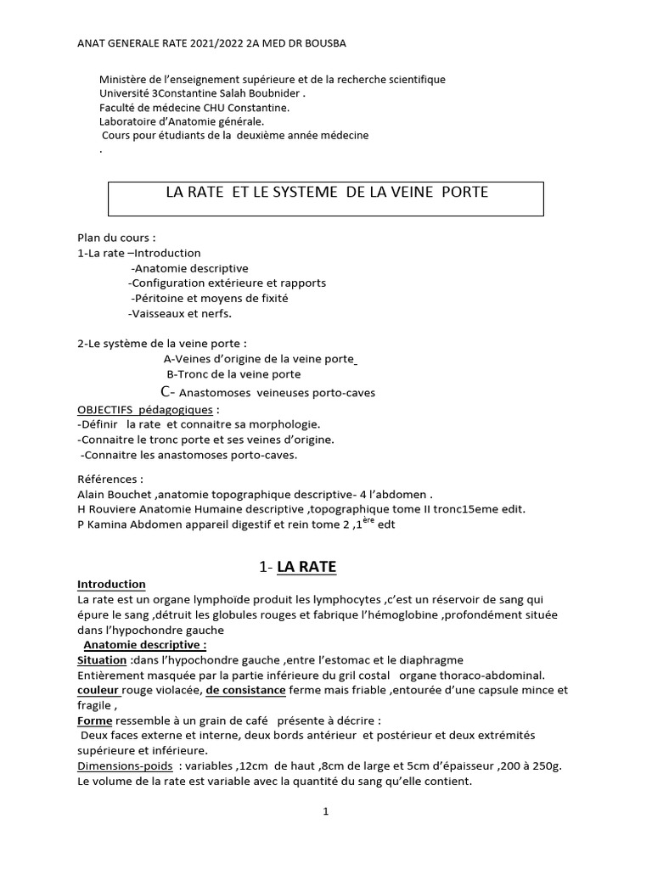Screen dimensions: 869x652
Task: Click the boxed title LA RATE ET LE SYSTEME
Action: point(327,193)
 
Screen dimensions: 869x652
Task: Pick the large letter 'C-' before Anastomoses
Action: point(168,392)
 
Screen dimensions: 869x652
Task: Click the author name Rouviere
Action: point(117,508)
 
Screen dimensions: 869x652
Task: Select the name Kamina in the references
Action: point(107,524)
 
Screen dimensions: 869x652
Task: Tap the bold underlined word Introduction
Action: point(111,584)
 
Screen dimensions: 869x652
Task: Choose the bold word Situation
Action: point(101,659)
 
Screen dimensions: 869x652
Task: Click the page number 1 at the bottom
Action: point(325,811)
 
